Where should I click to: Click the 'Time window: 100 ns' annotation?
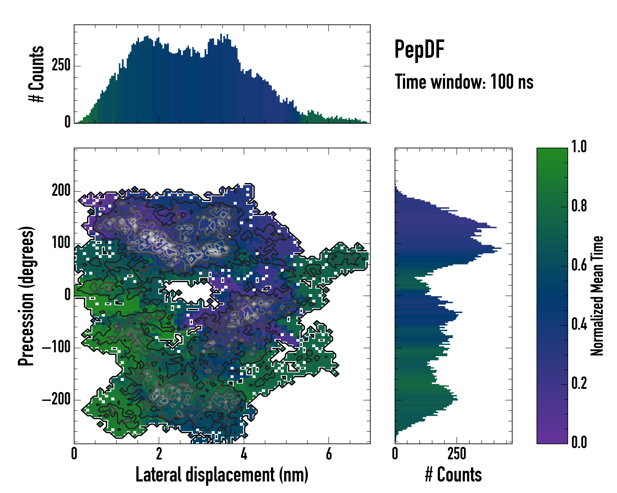[464, 82]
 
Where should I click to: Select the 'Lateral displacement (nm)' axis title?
[222, 475]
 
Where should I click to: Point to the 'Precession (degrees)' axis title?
[26, 296]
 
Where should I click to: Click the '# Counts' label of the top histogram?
[37, 74]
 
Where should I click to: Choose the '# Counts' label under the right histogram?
[453, 475]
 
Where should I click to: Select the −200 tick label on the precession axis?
[56, 400]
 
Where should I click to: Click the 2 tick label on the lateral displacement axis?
[159, 454]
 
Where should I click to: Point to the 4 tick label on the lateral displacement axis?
[244, 454]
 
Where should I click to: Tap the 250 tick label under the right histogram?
[457, 454]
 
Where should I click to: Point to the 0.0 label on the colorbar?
[579, 442]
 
